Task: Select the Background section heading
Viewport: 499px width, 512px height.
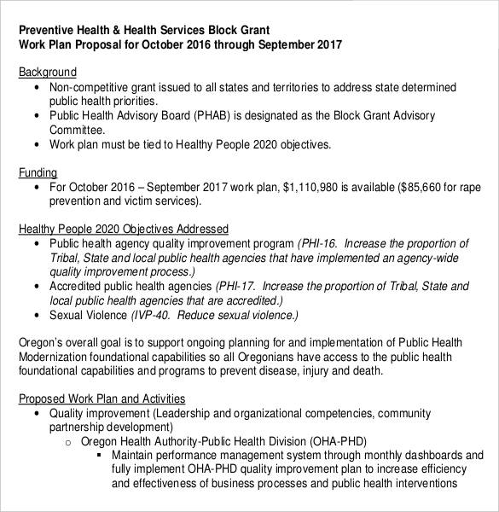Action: click(47, 73)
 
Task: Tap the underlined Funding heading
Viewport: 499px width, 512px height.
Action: click(38, 172)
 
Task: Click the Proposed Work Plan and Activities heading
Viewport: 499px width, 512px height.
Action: click(102, 399)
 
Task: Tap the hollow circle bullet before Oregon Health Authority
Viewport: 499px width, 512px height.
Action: click(68, 442)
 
